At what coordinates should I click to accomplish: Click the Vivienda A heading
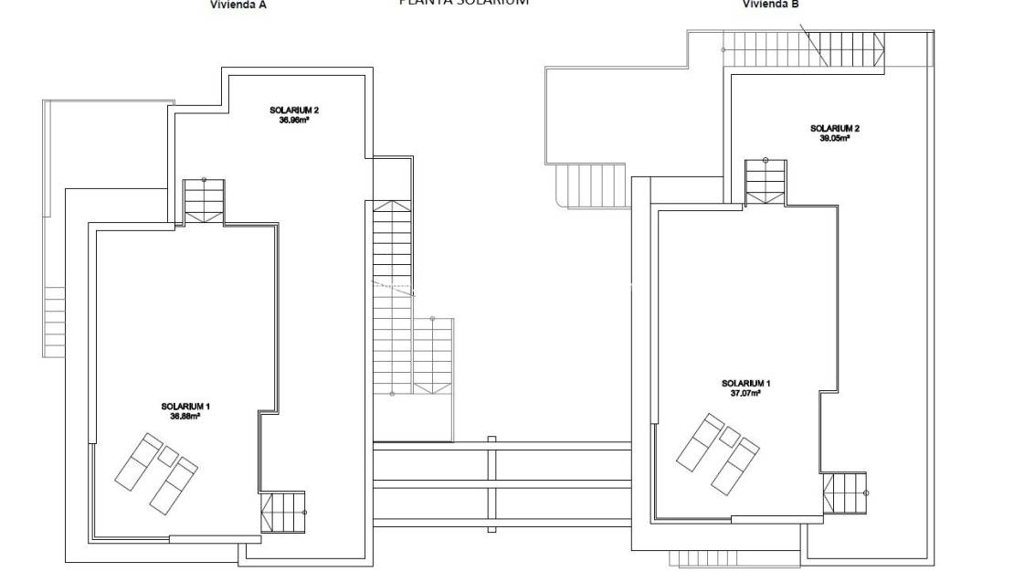(x=238, y=5)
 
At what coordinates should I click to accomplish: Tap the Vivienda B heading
(x=771, y=5)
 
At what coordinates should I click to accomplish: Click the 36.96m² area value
(x=293, y=120)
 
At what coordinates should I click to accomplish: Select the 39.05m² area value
(x=834, y=138)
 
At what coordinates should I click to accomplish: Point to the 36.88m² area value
(x=185, y=416)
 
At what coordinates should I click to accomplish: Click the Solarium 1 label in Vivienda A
(x=185, y=406)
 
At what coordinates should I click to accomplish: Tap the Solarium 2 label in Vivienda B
(x=834, y=128)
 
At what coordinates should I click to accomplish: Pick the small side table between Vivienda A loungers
(x=168, y=454)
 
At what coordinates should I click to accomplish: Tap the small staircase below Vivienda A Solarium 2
(x=204, y=198)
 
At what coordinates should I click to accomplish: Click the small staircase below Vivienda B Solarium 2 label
(x=765, y=181)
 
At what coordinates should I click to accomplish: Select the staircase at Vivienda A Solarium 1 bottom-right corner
(x=282, y=512)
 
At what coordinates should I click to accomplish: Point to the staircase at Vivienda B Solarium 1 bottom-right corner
(x=844, y=494)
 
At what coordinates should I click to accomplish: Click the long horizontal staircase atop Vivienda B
(x=804, y=48)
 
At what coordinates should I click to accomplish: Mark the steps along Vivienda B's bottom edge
(x=699, y=557)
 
